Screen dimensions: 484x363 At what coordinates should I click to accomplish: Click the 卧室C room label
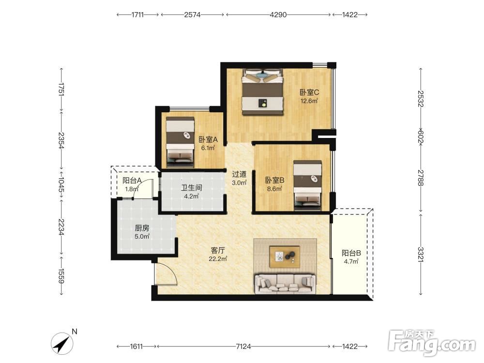[309, 92]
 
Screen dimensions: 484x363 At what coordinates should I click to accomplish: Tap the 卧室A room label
[208, 139]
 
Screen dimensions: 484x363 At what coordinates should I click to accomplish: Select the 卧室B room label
[275, 180]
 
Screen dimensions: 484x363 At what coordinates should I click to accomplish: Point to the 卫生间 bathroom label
[192, 187]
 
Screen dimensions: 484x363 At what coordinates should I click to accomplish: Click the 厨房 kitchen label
[142, 228]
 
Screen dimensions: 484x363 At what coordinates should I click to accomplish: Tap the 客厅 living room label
[218, 250]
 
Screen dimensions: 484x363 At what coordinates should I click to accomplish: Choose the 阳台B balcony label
[351, 253]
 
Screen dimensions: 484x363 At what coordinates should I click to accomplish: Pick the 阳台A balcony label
[132, 181]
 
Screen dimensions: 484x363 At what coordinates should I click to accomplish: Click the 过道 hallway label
[239, 174]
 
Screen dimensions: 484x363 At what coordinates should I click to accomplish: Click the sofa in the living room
[285, 283]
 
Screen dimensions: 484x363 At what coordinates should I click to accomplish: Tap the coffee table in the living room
[285, 257]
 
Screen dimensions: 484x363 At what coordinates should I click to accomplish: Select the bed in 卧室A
[180, 142]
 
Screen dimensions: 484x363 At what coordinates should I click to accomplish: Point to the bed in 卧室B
[307, 185]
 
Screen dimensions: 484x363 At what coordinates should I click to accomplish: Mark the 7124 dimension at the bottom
[243, 347]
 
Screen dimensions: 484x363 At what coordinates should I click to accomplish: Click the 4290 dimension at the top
[278, 15]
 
